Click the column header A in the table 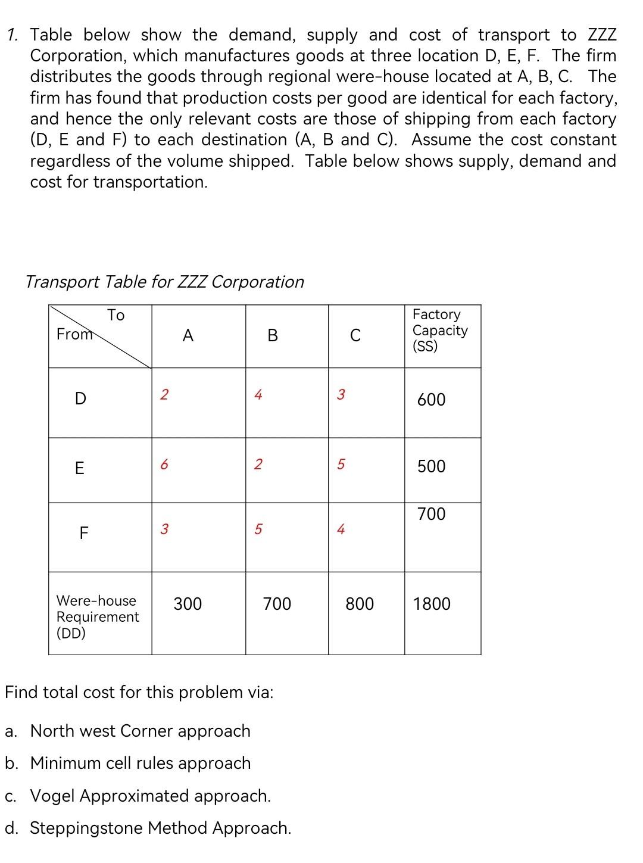click(188, 337)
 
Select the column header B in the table click(273, 337)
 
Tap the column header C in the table click(355, 337)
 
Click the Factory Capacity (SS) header click(440, 331)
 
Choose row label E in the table click(79, 469)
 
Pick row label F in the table click(83, 533)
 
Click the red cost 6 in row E click(164, 465)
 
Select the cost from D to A click(164, 394)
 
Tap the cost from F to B click(257, 529)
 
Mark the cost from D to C click(341, 394)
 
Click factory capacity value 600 click(431, 400)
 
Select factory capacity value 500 click(431, 466)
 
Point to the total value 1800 click(432, 605)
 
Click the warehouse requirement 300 click(188, 605)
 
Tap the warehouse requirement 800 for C click(360, 605)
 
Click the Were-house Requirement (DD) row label click(97, 617)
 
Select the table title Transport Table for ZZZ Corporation click(165, 282)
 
